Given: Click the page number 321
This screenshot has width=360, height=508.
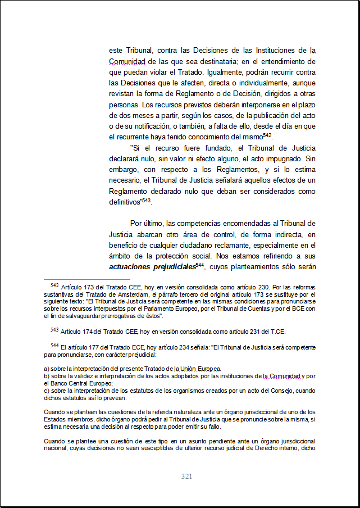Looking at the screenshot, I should [187, 477].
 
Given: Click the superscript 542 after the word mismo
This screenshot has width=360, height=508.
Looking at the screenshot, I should [268, 135].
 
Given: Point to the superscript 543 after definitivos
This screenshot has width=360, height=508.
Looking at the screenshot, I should [147, 199].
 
